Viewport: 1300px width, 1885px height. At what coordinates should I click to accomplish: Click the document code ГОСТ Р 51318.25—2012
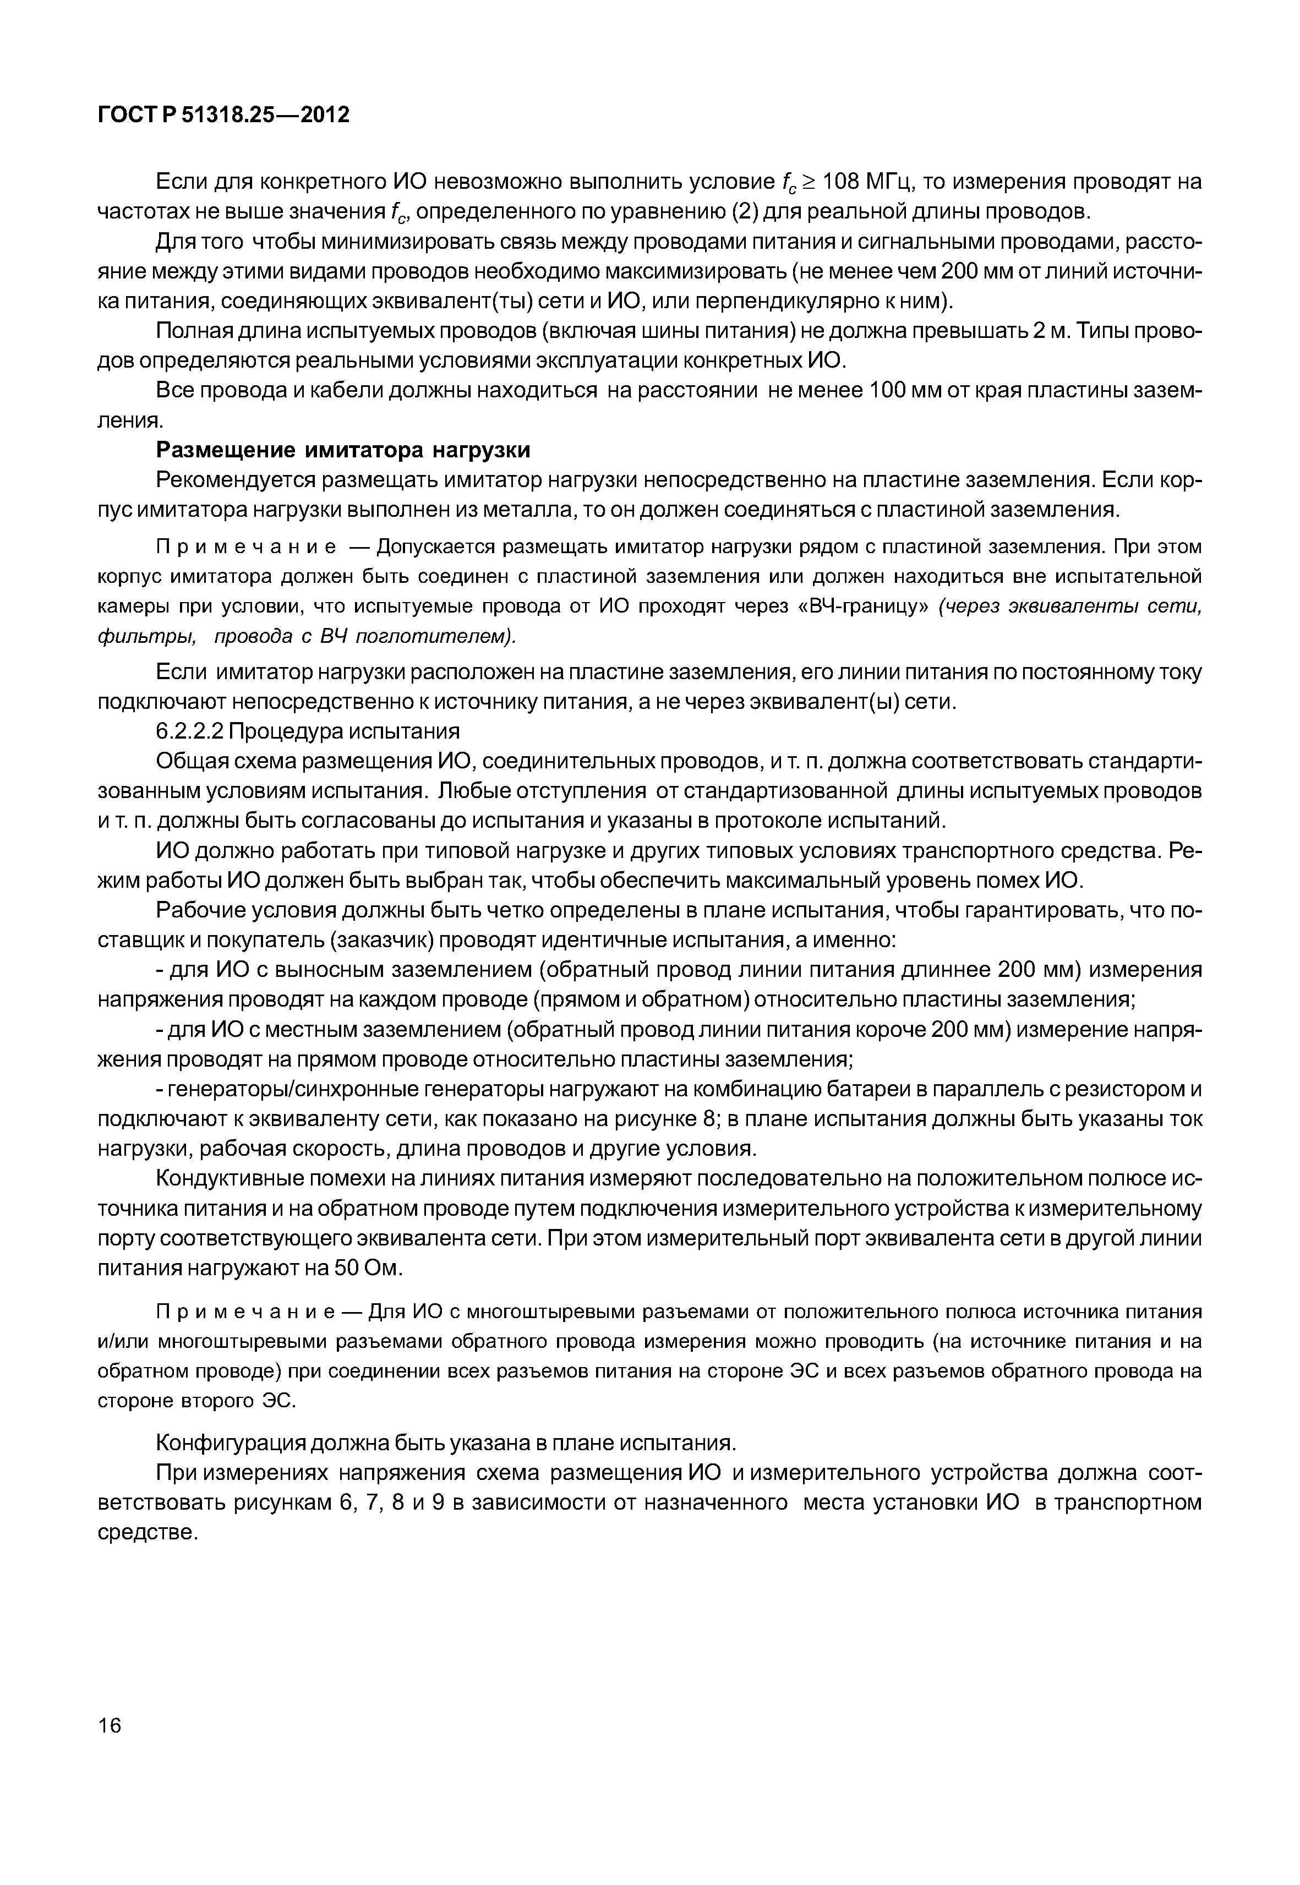point(223,115)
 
